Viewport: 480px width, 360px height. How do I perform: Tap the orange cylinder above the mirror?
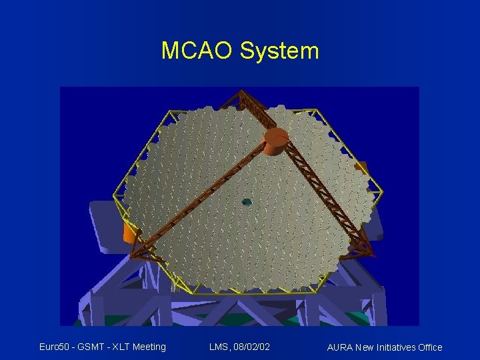point(275,142)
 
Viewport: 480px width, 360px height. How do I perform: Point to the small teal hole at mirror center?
point(247,201)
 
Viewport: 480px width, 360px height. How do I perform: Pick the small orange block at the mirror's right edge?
point(362,167)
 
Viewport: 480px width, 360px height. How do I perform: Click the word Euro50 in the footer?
point(55,347)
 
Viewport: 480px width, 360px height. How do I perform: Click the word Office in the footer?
point(429,347)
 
